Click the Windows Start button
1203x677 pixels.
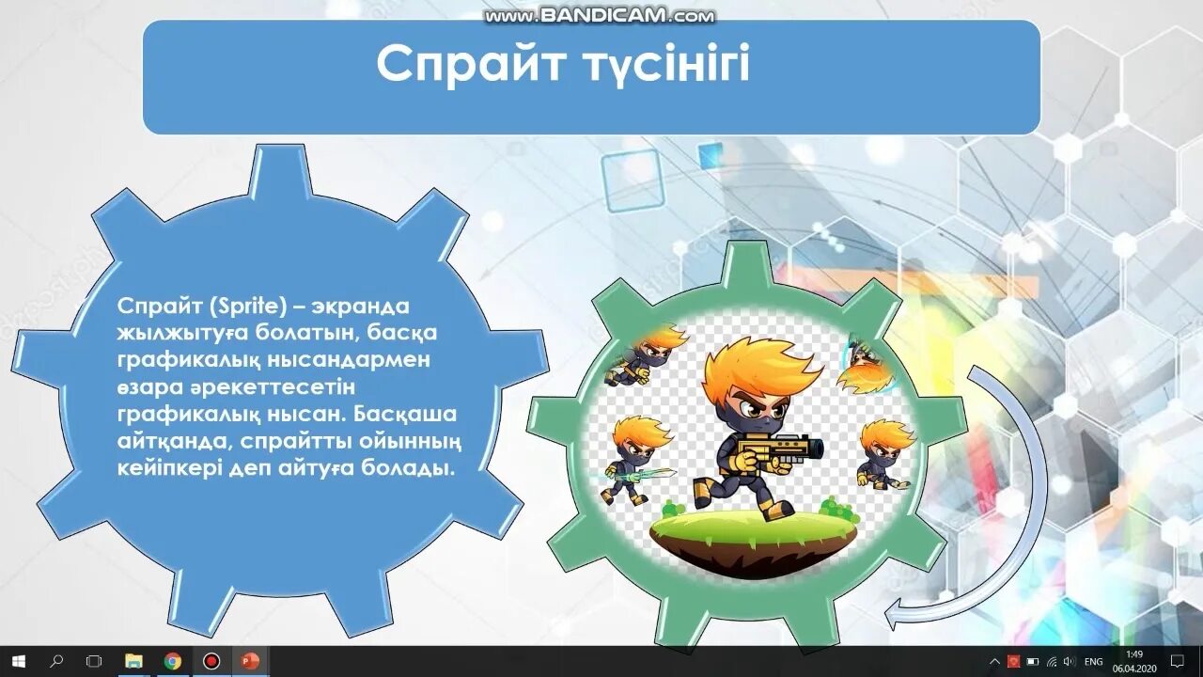[x=19, y=661]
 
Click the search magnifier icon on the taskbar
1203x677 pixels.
[x=56, y=661]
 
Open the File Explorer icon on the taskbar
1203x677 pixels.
[x=133, y=661]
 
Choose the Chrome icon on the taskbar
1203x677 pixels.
[x=172, y=661]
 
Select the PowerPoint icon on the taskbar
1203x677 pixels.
[x=249, y=661]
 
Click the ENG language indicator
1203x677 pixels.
[x=1093, y=662]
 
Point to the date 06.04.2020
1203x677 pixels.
[x=1134, y=668]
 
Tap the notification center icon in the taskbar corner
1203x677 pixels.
[x=1177, y=662]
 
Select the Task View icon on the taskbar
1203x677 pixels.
[x=94, y=661]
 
